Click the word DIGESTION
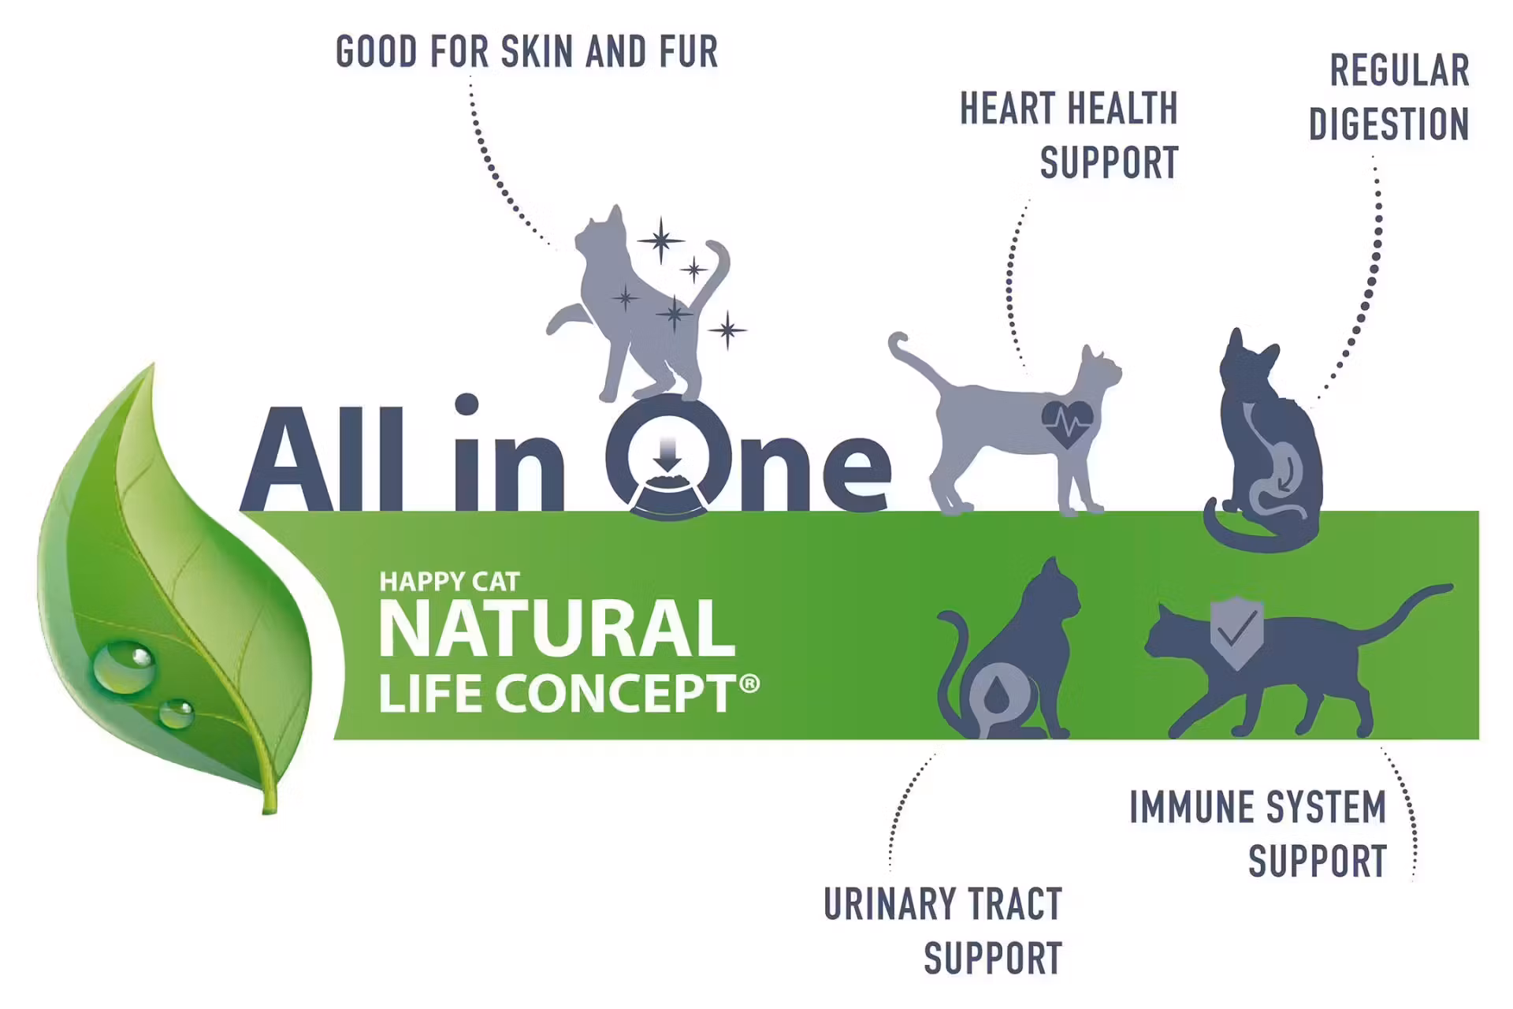coord(1389,125)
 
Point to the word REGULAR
coord(1400,71)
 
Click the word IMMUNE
coord(1186,807)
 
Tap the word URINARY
coord(889,904)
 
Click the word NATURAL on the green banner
coord(557,628)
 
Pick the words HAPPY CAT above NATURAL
coord(449,582)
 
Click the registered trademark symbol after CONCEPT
coord(750,683)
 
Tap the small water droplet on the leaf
coord(176,714)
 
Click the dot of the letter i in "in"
coord(467,404)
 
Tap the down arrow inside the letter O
coord(667,455)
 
